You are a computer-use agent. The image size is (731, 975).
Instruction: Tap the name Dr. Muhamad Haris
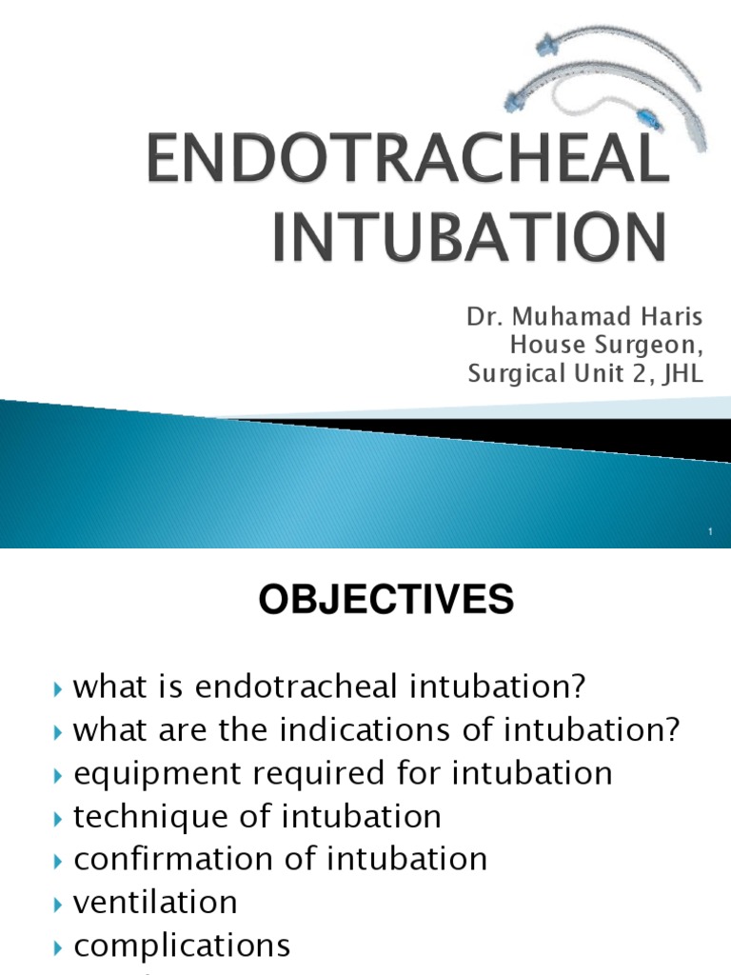pos(584,318)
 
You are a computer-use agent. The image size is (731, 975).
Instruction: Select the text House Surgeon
pos(607,346)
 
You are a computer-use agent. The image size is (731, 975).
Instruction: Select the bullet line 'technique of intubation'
pos(257,816)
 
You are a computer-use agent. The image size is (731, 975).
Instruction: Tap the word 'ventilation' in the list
pos(155,902)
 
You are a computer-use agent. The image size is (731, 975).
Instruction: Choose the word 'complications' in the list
pos(182,945)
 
